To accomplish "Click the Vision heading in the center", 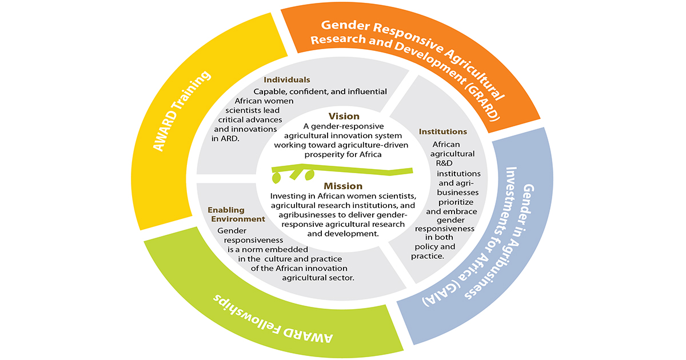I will tap(344, 116).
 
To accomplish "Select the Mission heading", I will tap(343, 186).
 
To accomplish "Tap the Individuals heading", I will tap(287, 79).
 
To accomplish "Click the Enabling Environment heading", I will tap(236, 214).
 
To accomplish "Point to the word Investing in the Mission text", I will tap(289, 197).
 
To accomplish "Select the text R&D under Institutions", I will tap(444, 163).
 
